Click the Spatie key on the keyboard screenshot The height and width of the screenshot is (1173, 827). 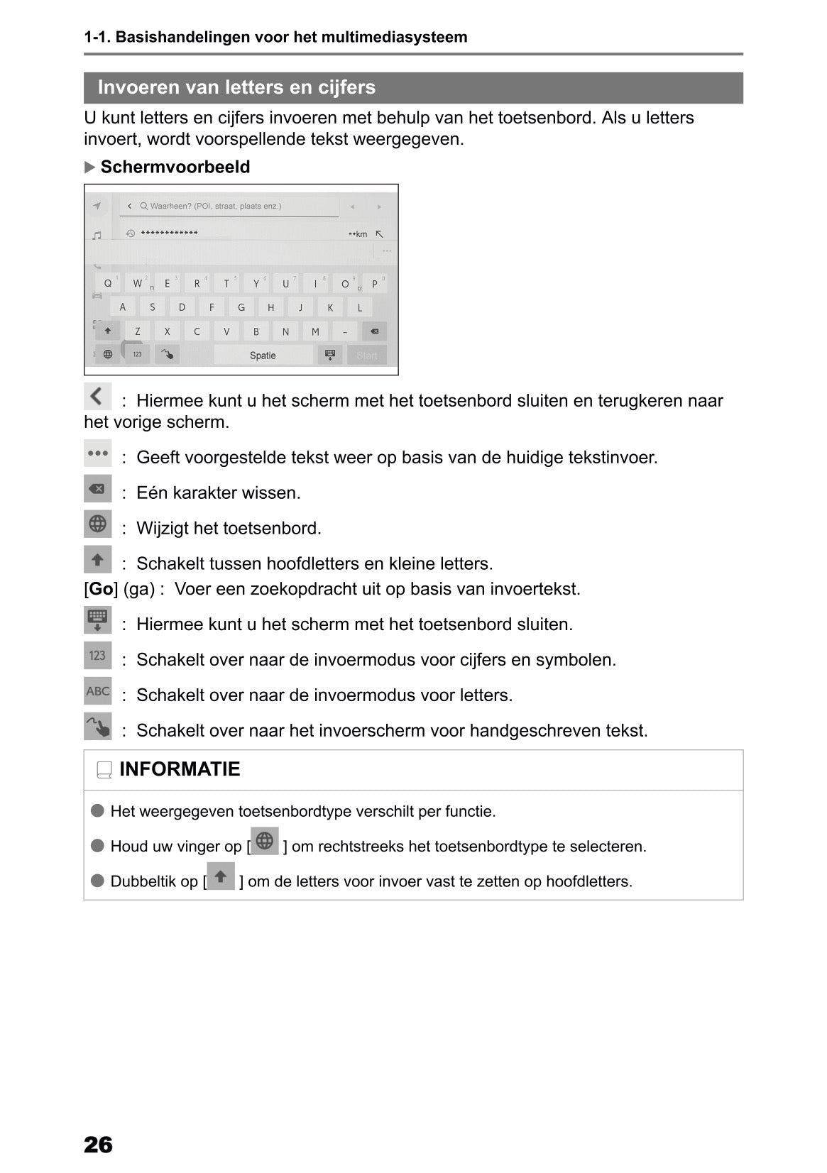point(263,356)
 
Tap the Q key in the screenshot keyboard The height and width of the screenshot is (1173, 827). point(108,283)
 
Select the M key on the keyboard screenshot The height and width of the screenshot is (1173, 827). point(315,331)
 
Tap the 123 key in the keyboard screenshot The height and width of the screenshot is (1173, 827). point(137,354)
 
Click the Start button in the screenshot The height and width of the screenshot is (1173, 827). point(367,356)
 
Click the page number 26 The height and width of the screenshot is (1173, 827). point(98,1145)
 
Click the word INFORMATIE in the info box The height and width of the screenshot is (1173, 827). point(180,769)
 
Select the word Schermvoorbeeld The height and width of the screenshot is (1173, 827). point(175,167)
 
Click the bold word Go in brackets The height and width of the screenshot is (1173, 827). point(101,589)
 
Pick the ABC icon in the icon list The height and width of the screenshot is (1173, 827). point(98,691)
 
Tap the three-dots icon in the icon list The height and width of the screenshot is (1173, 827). point(98,453)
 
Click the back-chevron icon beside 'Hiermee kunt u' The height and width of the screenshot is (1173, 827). point(98,396)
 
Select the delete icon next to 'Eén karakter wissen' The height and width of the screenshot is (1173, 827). point(98,489)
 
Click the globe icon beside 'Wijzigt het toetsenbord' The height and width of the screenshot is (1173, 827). point(98,524)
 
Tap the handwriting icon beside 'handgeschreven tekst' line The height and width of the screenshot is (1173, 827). point(98,727)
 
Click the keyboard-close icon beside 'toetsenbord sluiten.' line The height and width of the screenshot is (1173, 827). point(98,620)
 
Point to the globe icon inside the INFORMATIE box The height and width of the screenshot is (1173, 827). point(265,842)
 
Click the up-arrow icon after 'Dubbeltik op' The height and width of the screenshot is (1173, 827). point(221,876)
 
